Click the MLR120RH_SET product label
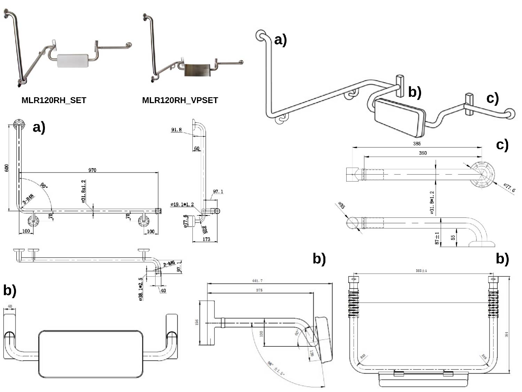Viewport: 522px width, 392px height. coord(54,100)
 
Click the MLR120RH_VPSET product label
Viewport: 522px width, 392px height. coord(180,100)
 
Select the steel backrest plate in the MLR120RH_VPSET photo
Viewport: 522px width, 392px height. coord(197,70)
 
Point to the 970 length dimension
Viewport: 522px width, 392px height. coord(92,170)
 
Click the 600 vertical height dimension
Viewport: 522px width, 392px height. coord(7,168)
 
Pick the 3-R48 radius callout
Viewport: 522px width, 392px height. coord(28,200)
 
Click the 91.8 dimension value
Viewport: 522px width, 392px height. coord(176,130)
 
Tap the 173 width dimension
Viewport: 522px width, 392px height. coord(206,239)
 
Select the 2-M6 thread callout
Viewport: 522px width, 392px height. coord(169,264)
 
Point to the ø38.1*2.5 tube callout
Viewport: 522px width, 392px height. coord(141,289)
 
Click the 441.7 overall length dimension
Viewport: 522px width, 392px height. coord(257,281)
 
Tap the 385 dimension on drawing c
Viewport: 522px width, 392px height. coord(417,144)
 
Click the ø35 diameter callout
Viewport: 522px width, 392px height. coord(341,206)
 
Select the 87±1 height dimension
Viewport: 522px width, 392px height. coord(437,238)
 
